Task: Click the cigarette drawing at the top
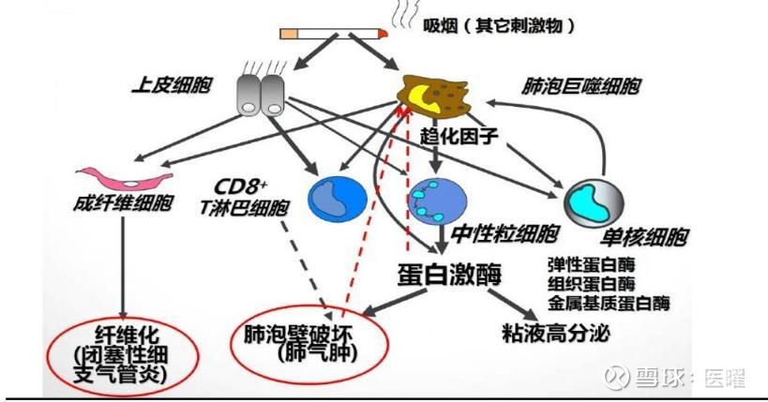point(334,33)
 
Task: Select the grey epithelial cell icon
point(260,94)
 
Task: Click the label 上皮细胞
point(171,85)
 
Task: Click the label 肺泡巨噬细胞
point(581,86)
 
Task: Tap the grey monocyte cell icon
point(593,200)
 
